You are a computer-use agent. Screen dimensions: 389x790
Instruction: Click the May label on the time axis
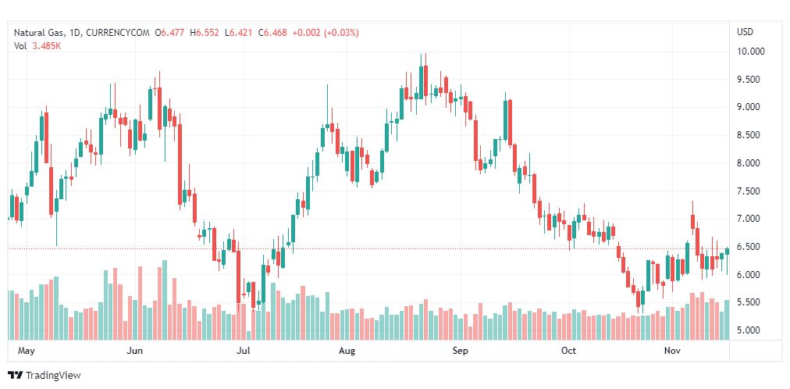[27, 351]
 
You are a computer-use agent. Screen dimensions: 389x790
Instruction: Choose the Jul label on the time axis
[244, 351]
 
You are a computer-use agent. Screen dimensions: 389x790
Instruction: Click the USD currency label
[745, 32]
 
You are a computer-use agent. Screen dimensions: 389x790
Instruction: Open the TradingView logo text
[53, 376]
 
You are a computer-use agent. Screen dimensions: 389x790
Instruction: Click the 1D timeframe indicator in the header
[74, 33]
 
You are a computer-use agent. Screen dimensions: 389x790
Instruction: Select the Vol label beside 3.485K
[20, 45]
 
